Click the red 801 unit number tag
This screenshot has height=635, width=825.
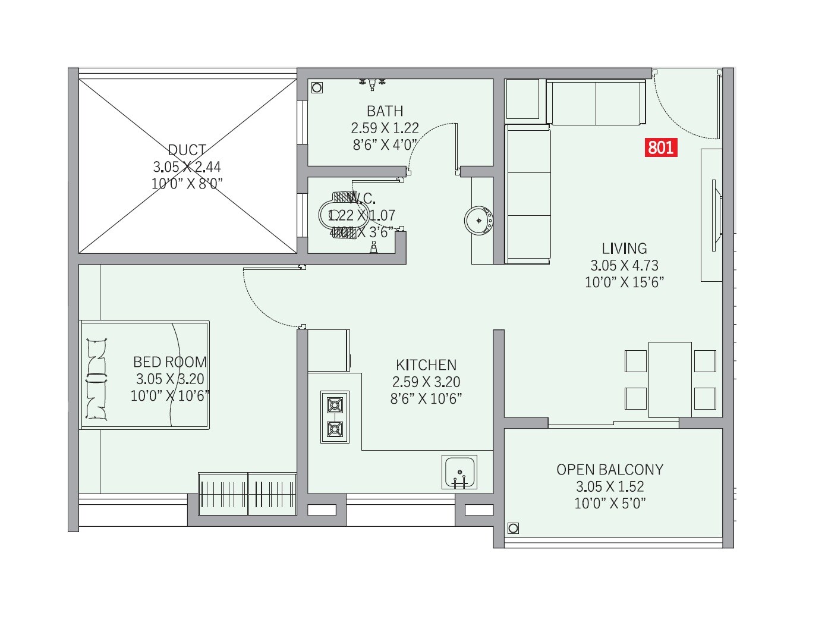pos(661,147)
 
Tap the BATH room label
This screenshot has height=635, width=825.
pos(385,111)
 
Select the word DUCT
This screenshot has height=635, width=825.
pos(187,150)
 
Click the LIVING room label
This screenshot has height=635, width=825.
pos(624,249)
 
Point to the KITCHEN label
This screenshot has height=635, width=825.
pos(426,365)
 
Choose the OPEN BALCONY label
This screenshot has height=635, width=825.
pos(610,470)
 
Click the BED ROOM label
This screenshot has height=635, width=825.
pos(170,362)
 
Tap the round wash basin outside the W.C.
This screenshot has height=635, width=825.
pos(479,221)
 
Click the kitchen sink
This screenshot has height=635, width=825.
pos(459,472)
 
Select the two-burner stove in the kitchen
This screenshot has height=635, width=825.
pos(335,417)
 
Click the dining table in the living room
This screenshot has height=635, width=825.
pos(670,379)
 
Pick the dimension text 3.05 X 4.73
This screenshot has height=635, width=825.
pos(624,266)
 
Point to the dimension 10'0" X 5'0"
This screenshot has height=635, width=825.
pos(610,504)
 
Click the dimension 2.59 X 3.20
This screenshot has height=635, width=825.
pos(426,382)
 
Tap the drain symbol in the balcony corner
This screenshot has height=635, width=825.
pos(513,528)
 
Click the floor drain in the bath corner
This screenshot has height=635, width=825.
pos(317,87)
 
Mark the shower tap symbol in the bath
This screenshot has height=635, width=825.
pos(372,84)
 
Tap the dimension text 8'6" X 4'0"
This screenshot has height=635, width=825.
pos(385,144)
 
